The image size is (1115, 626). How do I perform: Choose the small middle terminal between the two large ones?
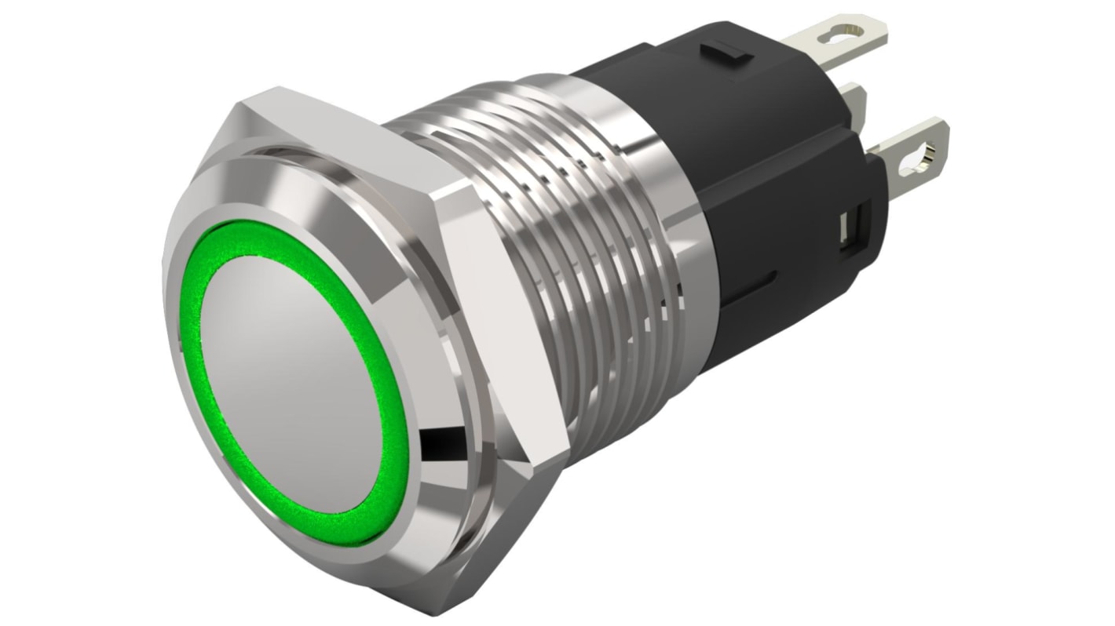856,102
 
